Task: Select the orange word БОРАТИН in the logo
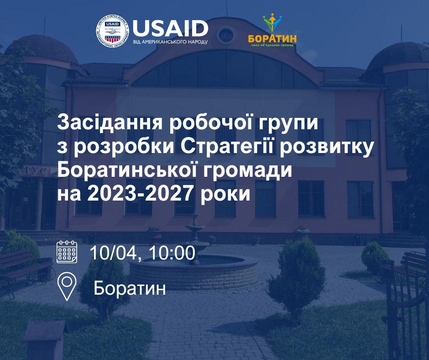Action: point(272,38)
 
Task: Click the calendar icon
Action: point(67,251)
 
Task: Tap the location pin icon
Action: point(67,286)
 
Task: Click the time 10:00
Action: point(168,253)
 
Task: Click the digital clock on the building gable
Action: point(227,36)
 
